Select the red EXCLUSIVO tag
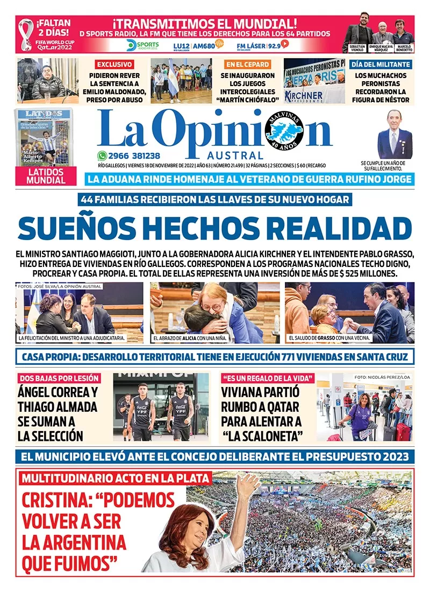click(114, 64)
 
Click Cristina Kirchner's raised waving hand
click(247, 487)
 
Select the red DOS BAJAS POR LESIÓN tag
click(59, 378)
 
